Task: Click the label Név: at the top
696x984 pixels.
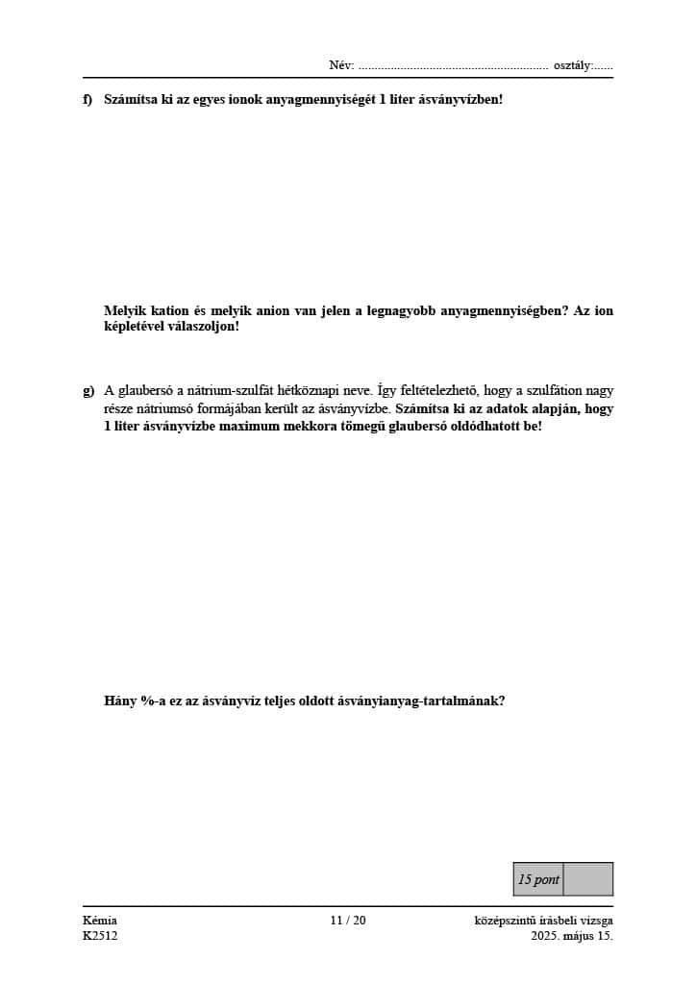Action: pyautogui.click(x=341, y=65)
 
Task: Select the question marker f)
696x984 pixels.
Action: pyautogui.click(x=88, y=99)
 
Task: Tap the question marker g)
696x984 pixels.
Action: pyautogui.click(x=88, y=390)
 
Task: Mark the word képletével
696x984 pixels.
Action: pyautogui.click(x=135, y=327)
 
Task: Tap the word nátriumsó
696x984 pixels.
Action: pyautogui.click(x=164, y=407)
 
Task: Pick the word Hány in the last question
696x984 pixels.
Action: pyautogui.click(x=120, y=701)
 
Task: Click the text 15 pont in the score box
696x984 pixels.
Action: pyautogui.click(x=538, y=879)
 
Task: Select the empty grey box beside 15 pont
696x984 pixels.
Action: pyautogui.click(x=587, y=879)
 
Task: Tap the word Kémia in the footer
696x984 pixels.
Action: pyautogui.click(x=100, y=921)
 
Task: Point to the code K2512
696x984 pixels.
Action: pyautogui.click(x=100, y=936)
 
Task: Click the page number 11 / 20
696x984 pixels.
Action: pyautogui.click(x=347, y=921)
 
